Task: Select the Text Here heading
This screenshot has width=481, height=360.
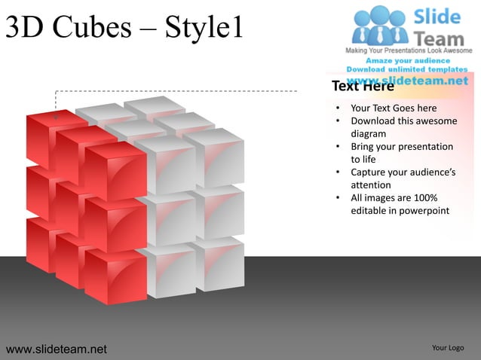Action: click(x=363, y=86)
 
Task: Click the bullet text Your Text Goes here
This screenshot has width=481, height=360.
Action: click(x=394, y=108)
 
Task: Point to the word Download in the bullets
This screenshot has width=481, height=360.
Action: click(x=375, y=121)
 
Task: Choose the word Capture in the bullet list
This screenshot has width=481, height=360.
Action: click(x=369, y=172)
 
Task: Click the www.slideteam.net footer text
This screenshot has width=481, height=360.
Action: click(x=57, y=349)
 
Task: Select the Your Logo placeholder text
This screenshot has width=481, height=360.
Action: click(x=448, y=348)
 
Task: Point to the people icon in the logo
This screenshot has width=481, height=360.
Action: click(x=379, y=24)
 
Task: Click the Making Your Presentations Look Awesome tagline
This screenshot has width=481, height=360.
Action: click(x=409, y=50)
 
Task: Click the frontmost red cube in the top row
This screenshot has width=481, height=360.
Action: click(x=115, y=172)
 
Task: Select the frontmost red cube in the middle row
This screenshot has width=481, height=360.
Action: click(x=115, y=224)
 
